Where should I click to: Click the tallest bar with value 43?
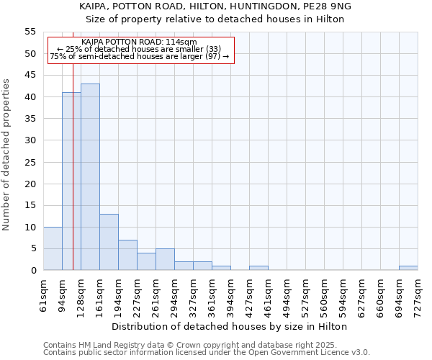90,177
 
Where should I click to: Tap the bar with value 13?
109,242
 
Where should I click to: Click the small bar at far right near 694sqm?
408,268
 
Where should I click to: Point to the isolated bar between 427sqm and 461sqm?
258,268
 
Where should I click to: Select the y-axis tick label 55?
30,32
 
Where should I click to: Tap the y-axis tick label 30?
30,140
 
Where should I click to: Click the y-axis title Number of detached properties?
6,155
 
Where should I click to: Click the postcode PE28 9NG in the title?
330,6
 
